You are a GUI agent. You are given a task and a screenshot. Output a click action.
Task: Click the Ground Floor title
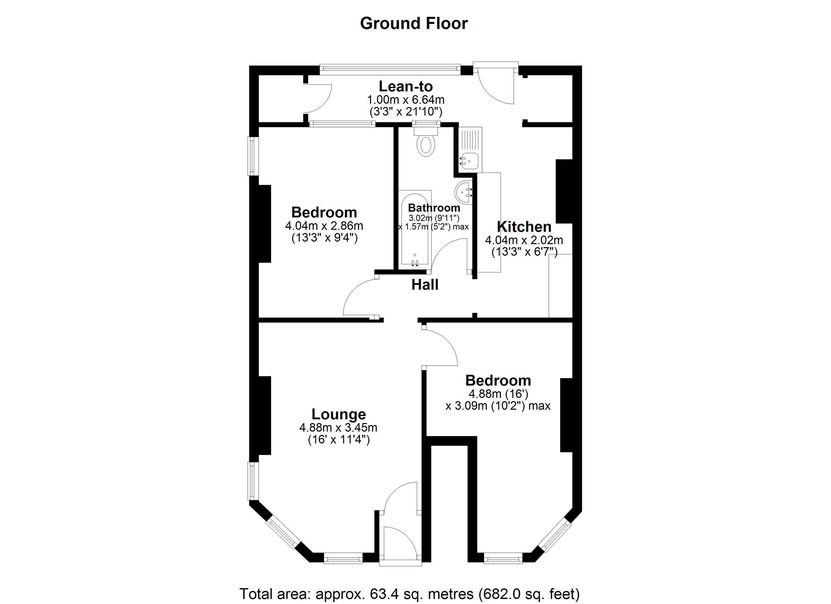414,23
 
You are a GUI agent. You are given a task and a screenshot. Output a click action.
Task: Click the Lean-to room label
406,86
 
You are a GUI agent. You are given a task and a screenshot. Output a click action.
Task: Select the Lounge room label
338,414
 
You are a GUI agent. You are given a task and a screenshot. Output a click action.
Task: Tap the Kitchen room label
524,227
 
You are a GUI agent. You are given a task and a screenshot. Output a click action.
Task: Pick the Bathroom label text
434,208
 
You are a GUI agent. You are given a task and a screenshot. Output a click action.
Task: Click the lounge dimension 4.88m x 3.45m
338,427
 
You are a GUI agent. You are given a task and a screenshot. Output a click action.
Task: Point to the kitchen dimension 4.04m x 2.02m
524,240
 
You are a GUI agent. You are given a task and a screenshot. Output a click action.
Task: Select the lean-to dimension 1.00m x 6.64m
406,100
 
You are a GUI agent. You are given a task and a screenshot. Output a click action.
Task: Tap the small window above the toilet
426,124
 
